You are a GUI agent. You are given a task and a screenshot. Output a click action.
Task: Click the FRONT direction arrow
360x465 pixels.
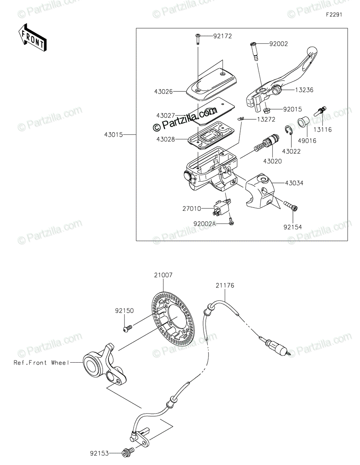click(x=32, y=38)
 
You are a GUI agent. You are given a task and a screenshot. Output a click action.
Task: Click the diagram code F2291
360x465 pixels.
click(x=334, y=15)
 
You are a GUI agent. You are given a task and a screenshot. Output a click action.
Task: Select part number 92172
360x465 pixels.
click(x=222, y=36)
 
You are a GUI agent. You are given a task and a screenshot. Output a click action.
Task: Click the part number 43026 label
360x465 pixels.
click(x=164, y=91)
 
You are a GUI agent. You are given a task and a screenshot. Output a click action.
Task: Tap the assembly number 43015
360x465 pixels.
click(x=114, y=135)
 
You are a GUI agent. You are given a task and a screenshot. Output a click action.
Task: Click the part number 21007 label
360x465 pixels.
click(x=163, y=275)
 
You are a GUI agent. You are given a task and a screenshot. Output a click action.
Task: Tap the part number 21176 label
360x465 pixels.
click(x=225, y=285)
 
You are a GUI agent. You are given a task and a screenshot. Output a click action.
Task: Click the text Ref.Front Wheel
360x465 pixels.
click(x=41, y=362)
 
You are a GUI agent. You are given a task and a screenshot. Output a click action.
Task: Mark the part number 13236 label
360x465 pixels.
click(x=304, y=90)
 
